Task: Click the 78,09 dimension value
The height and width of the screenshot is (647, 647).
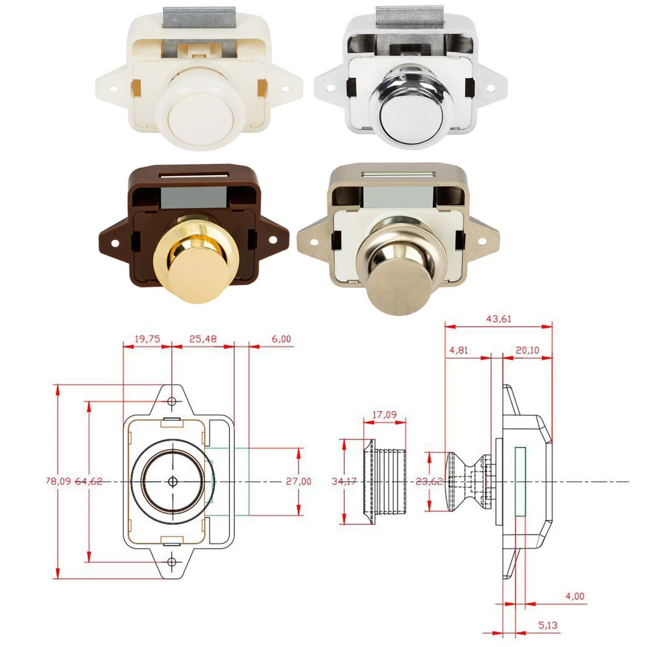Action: click(x=59, y=481)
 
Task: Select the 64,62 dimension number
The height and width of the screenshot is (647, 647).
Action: click(x=89, y=481)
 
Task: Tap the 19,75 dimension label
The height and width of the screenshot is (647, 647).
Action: click(x=148, y=339)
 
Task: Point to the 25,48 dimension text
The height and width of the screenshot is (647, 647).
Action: click(x=203, y=339)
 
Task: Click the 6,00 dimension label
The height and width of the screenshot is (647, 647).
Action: click(x=282, y=339)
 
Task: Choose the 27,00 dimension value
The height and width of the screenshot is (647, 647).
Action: click(x=299, y=481)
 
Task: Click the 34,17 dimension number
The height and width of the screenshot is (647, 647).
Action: click(x=344, y=481)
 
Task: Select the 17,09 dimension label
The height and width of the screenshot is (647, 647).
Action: click(x=385, y=414)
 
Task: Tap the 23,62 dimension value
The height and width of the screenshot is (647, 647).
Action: click(x=429, y=481)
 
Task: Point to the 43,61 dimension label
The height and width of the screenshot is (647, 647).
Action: click(x=499, y=319)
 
